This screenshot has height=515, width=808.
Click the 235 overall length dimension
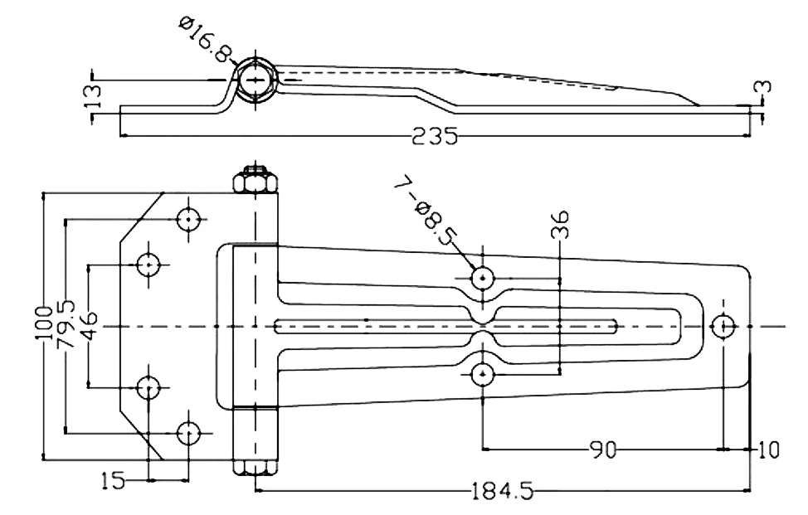coord(435,137)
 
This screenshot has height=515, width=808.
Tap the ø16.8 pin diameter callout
coord(206,39)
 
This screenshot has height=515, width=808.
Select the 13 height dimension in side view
coord(94,96)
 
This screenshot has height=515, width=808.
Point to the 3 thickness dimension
coord(766,86)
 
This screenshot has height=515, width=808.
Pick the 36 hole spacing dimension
coord(560,224)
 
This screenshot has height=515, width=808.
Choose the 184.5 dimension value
coord(503,491)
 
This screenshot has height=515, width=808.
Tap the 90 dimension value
coord(602,449)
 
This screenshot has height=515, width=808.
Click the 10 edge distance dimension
coord(768,449)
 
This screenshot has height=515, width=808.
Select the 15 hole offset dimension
coord(112,480)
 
